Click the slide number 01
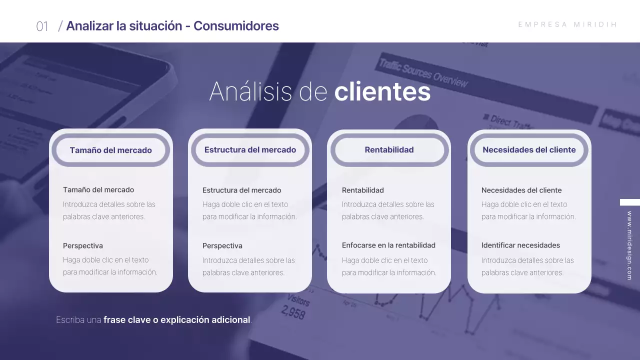[x=42, y=26]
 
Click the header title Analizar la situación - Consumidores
[x=172, y=26]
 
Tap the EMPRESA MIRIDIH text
[x=567, y=24]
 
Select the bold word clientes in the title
[x=382, y=91]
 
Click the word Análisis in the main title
[x=251, y=91]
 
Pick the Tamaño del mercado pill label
[x=110, y=150]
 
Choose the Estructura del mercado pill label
[x=250, y=149]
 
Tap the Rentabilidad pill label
[x=389, y=149]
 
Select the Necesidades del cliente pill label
[x=529, y=149]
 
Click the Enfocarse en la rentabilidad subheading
[x=388, y=245]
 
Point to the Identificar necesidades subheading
[x=520, y=245]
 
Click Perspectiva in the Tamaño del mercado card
[x=83, y=245]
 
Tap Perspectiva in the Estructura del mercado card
[x=222, y=245]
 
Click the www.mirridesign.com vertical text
[x=629, y=245]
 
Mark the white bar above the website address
[x=630, y=202]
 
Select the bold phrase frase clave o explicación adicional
[x=176, y=320]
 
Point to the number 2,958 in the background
[x=293, y=313]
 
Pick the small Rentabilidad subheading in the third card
[x=363, y=190]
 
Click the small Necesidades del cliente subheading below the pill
[x=521, y=190]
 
